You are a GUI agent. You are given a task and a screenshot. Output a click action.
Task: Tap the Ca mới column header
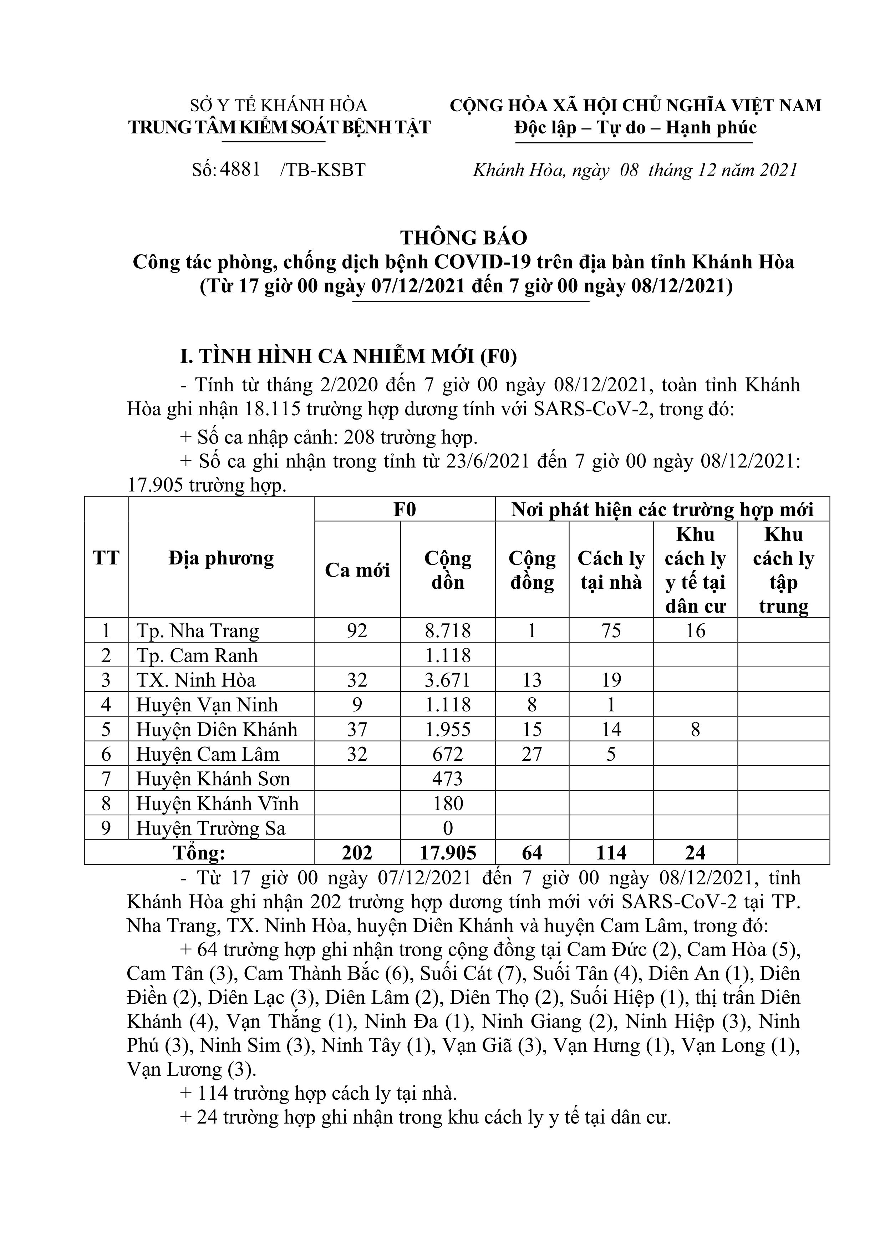tap(357, 570)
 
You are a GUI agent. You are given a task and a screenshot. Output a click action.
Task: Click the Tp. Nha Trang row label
tap(197, 631)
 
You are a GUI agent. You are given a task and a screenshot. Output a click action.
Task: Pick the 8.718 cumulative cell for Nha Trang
tap(448, 631)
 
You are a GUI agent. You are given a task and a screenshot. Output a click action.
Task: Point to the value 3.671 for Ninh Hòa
tap(448, 680)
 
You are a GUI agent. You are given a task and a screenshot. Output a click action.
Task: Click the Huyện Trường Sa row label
tap(210, 828)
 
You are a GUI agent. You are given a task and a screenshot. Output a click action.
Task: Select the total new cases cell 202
tap(357, 853)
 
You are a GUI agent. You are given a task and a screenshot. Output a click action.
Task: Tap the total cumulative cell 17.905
tap(448, 853)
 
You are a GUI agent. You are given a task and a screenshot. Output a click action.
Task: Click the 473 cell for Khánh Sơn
tap(448, 779)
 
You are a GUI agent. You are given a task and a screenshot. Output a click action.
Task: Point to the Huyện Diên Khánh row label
tap(217, 730)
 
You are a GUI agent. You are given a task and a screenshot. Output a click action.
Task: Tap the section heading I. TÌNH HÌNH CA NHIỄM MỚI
tap(349, 356)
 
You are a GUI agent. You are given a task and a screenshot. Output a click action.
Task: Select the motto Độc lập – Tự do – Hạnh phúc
tap(635, 128)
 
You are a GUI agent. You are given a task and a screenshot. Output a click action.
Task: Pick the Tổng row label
tap(199, 853)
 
